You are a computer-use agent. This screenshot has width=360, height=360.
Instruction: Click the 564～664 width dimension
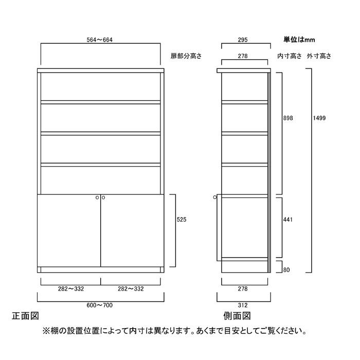click(x=99, y=40)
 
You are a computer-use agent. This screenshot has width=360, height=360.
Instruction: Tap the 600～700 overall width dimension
click(x=99, y=305)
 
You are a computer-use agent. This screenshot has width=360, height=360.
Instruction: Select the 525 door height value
click(x=182, y=220)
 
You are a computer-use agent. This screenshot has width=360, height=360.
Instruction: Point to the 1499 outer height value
click(x=319, y=118)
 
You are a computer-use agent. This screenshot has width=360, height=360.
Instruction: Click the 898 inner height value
click(x=288, y=118)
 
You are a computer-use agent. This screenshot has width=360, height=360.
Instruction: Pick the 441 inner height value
click(x=288, y=220)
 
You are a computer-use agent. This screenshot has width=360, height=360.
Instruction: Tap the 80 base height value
click(x=286, y=270)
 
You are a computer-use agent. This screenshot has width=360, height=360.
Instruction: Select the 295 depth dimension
click(x=243, y=40)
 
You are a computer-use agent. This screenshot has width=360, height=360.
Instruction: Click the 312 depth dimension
click(x=243, y=305)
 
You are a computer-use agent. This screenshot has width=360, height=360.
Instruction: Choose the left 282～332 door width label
click(x=71, y=289)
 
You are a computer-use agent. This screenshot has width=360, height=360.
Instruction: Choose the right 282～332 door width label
click(x=131, y=289)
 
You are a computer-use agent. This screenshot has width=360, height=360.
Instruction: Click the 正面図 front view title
click(x=25, y=316)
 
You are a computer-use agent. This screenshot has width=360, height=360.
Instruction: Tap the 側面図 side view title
click(x=237, y=316)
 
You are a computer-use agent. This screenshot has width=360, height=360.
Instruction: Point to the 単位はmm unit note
click(x=299, y=40)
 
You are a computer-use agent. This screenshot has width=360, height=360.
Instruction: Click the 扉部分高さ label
click(x=186, y=56)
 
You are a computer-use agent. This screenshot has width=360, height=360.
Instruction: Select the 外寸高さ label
click(x=319, y=56)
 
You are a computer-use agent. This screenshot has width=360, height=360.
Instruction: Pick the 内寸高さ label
click(x=289, y=56)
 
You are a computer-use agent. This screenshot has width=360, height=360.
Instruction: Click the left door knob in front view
click(x=97, y=197)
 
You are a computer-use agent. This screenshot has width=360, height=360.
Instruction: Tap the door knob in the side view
click(x=215, y=197)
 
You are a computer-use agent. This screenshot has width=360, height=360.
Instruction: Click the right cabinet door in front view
click(x=132, y=230)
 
